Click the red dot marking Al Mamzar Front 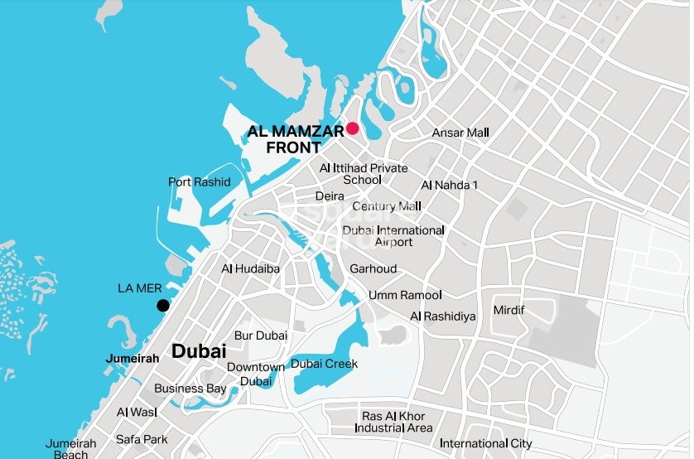[x=352, y=128]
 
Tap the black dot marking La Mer [x=163, y=306]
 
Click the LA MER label [x=137, y=289]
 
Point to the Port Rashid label [x=199, y=182]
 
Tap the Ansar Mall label [x=460, y=133]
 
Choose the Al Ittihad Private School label [x=364, y=174]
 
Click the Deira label [x=330, y=196]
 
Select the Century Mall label [x=387, y=206]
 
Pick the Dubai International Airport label [x=393, y=236]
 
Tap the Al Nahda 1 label [x=450, y=185]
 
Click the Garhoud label [x=373, y=269]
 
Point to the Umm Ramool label [x=405, y=295]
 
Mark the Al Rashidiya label [x=443, y=316]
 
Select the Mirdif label [x=509, y=310]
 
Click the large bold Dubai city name [x=199, y=351]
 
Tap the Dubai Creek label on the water [x=324, y=364]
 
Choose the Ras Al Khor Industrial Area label [x=393, y=422]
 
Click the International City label [x=486, y=444]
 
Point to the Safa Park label [x=142, y=439]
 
